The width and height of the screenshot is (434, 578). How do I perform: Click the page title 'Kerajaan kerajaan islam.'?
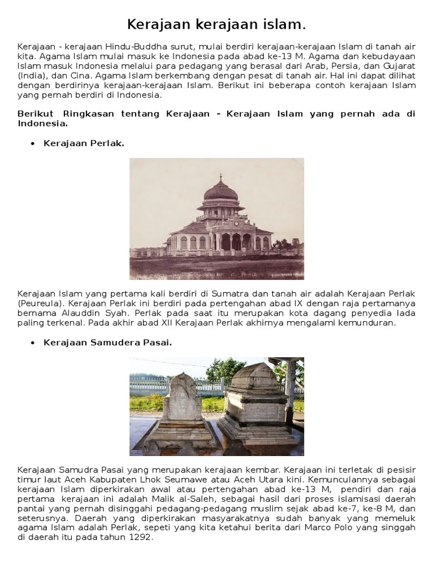click(216, 24)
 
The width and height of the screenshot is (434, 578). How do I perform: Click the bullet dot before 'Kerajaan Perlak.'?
click(31, 143)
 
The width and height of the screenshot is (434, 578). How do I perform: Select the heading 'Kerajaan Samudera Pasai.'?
click(107, 343)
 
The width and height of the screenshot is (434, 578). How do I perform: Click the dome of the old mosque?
click(221, 191)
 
